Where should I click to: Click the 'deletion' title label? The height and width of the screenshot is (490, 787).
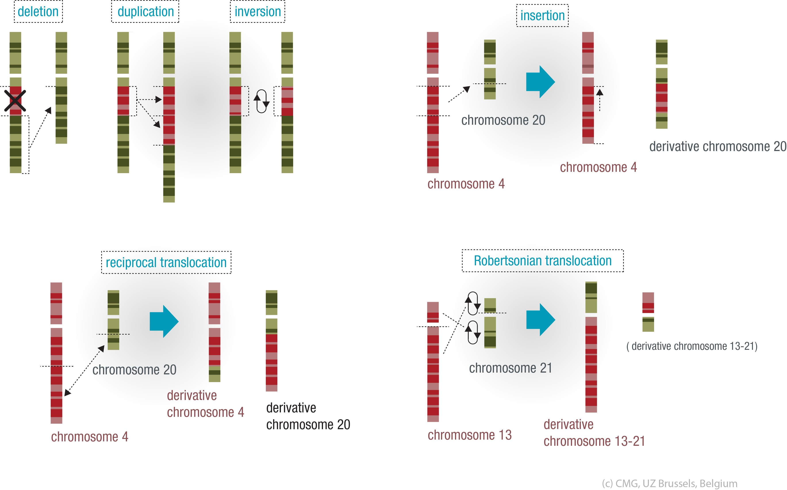point(38,12)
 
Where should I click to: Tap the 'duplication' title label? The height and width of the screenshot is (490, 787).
point(146,12)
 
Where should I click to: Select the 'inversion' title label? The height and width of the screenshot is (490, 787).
point(258,12)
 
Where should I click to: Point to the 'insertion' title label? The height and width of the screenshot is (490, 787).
point(542,15)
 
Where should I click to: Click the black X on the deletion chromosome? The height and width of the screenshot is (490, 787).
point(15,101)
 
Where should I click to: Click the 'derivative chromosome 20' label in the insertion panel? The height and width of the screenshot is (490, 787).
point(718,146)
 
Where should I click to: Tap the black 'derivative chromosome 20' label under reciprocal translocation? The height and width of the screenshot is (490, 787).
point(308,416)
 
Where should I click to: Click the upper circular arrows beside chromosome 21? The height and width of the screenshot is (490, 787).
point(473,303)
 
